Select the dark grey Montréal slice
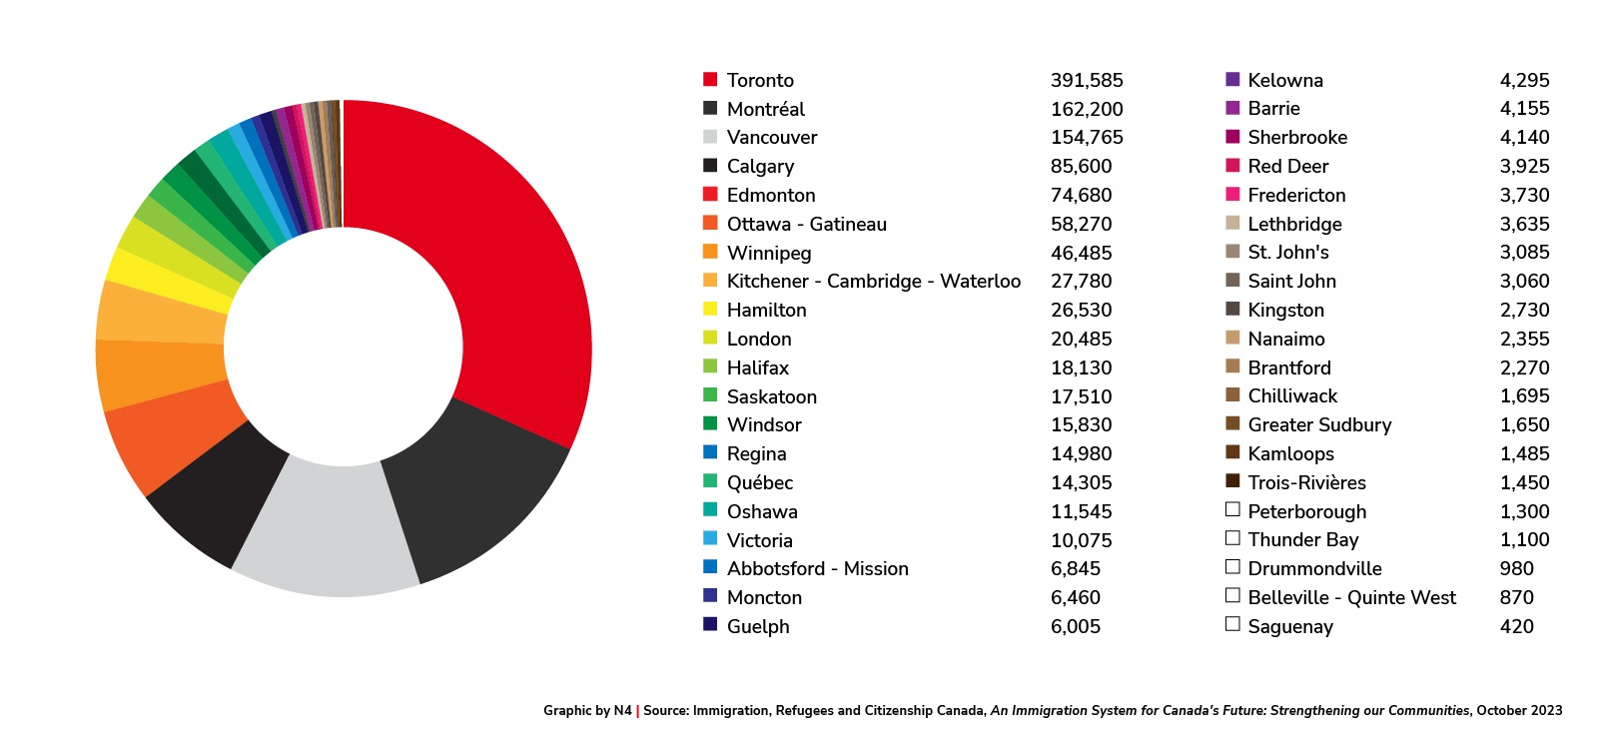[x=469, y=489]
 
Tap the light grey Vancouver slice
[x=325, y=529]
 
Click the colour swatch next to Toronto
[x=710, y=79]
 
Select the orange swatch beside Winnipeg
[x=710, y=252]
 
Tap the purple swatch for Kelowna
[x=1232, y=79]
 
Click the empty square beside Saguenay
[x=1232, y=624]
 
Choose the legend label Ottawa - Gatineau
[x=806, y=224]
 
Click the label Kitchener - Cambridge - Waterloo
[x=873, y=282]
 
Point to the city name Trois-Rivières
[x=1306, y=482]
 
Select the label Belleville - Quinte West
[x=1351, y=597]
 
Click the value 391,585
[x=1087, y=80]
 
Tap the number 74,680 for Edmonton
[x=1081, y=195]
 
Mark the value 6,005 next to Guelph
[x=1075, y=626]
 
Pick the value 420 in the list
[x=1516, y=626]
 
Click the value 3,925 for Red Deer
[x=1524, y=166]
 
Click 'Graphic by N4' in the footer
[x=587, y=711]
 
